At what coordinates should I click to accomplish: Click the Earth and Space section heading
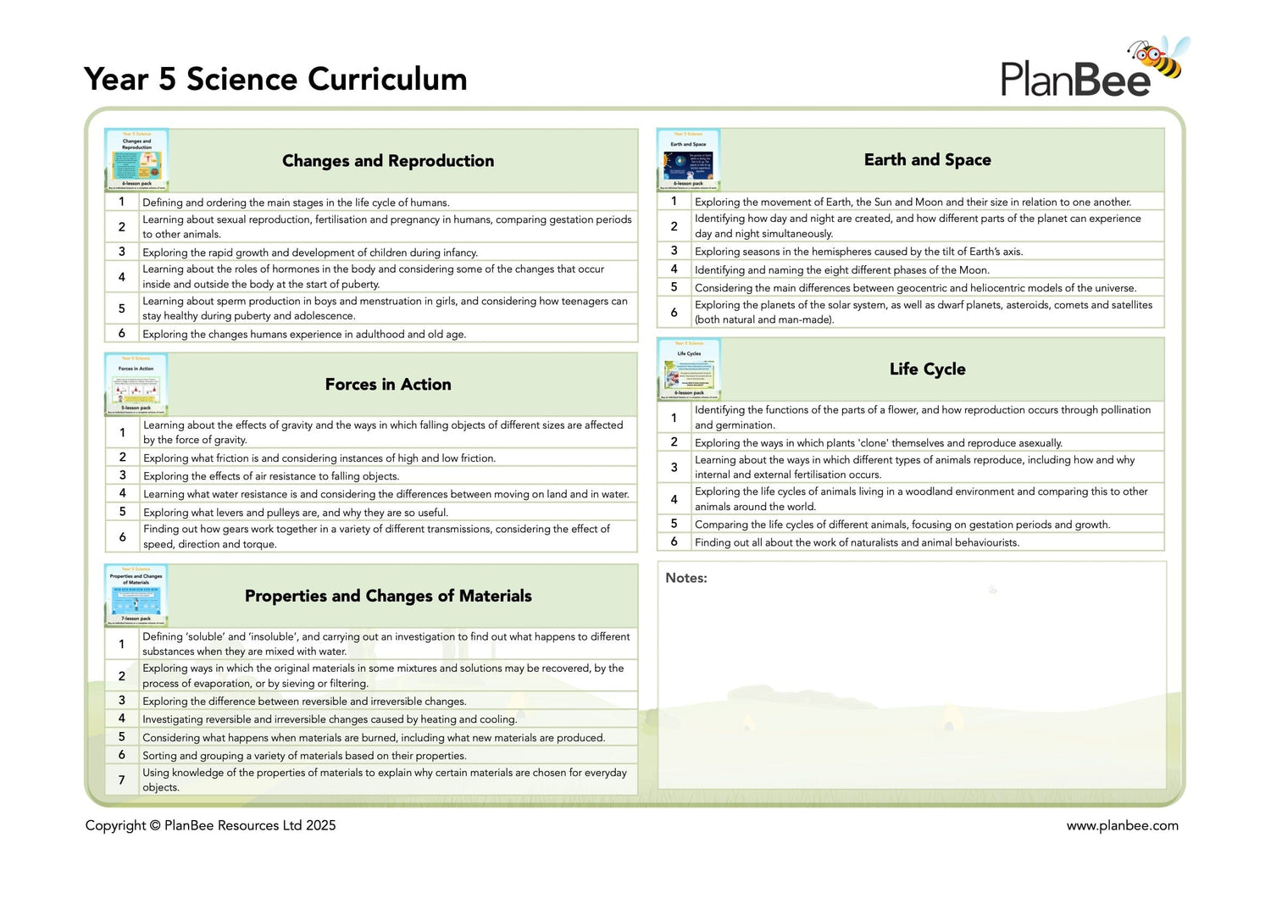pos(927,160)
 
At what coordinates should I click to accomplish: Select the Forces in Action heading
pos(388,385)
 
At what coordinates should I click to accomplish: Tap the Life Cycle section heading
pos(927,369)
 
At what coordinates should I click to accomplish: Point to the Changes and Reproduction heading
pos(388,161)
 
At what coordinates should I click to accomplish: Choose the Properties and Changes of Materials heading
pos(388,597)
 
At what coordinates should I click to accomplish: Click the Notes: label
pos(685,578)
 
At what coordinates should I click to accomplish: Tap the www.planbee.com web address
pos(1122,825)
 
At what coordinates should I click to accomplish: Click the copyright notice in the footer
pos(210,825)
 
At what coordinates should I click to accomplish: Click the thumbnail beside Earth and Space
pos(688,159)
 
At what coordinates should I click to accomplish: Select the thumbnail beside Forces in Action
pos(136,384)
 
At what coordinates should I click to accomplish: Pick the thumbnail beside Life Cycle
pos(688,369)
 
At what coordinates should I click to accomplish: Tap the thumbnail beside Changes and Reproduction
pos(136,160)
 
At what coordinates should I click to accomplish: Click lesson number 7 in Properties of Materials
pos(122,780)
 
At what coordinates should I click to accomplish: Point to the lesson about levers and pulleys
pos(296,513)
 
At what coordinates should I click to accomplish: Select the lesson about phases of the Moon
pos(841,270)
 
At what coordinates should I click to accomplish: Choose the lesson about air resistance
pos(270,476)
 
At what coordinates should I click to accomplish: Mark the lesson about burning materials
pos(374,738)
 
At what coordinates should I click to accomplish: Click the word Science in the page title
pos(241,79)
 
